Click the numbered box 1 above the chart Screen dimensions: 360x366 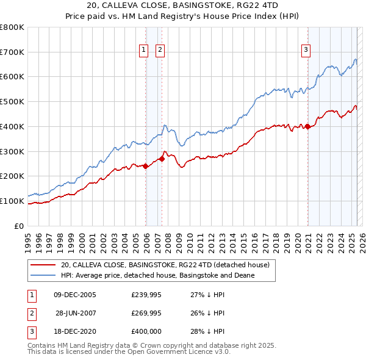[x=144, y=51]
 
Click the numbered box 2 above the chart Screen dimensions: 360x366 [x=160, y=51]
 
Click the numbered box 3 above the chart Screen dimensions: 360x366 [x=305, y=51]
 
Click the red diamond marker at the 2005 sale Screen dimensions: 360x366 [x=146, y=166]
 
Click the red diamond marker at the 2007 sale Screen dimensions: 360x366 [x=162, y=159]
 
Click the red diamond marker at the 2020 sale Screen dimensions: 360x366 [x=308, y=126]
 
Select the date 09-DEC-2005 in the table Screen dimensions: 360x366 [x=75, y=295]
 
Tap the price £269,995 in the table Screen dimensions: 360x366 [x=146, y=313]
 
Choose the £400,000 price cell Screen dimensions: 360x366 [x=146, y=331]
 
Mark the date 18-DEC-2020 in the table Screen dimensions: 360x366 [x=75, y=331]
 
